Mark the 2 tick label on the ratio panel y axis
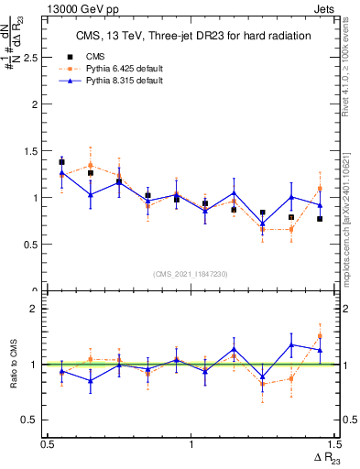pyautogui.click(x=37, y=309)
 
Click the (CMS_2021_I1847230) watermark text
pyautogui.click(x=191, y=274)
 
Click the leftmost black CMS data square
pyautogui.click(x=61, y=162)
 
